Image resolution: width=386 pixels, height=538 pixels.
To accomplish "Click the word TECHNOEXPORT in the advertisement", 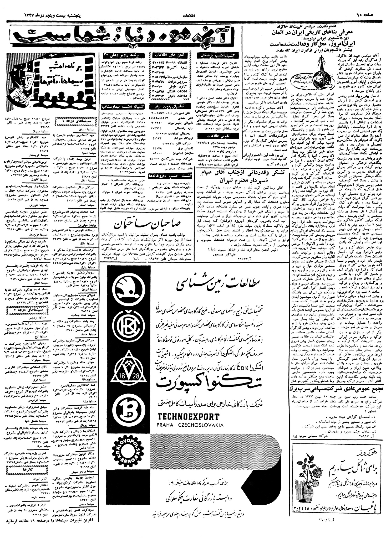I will click(x=188, y=417).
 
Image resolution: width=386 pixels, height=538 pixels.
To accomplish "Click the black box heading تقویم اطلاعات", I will click(x=217, y=136).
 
